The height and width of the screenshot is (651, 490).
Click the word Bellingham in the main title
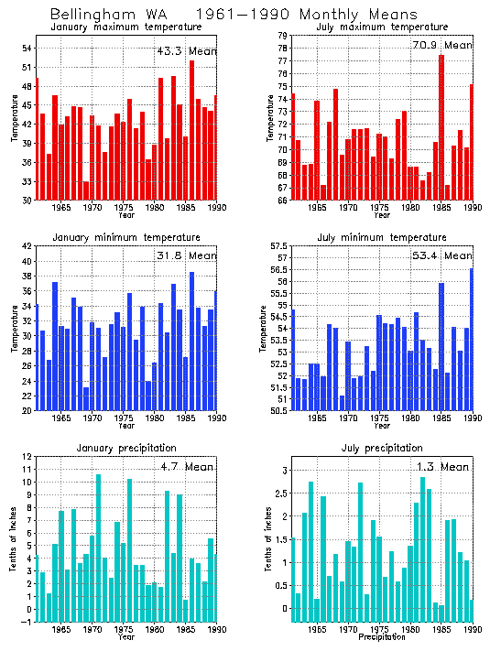(88, 15)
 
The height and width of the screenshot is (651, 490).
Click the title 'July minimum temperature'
(397, 237)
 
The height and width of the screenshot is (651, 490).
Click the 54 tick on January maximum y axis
(27, 48)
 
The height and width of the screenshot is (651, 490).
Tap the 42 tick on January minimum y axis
(27, 245)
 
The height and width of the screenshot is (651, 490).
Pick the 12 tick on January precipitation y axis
(27, 456)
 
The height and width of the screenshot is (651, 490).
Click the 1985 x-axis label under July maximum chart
(442, 209)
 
